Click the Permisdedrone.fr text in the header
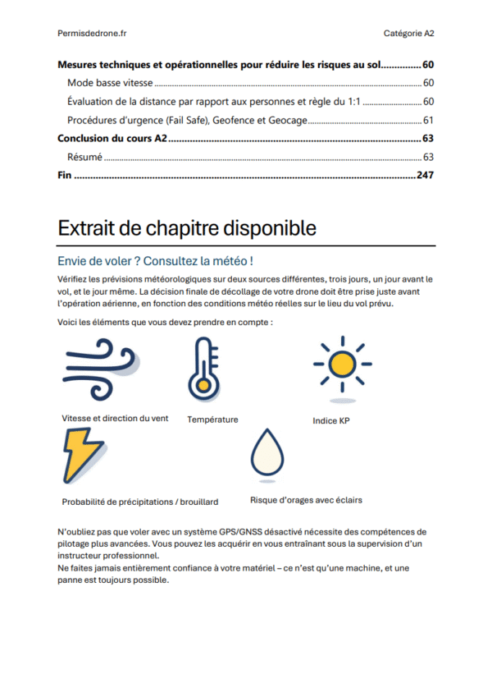click(x=92, y=33)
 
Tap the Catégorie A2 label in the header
click(x=408, y=33)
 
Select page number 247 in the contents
click(x=425, y=175)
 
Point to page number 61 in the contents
click(x=428, y=121)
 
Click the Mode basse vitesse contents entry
click(x=111, y=83)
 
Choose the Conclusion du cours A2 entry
click(x=112, y=139)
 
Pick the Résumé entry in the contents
click(x=84, y=157)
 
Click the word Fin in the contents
click(x=64, y=175)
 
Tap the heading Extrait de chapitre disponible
click(x=187, y=227)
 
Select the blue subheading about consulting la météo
click(x=155, y=261)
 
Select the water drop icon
click(x=266, y=454)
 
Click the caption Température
click(x=212, y=420)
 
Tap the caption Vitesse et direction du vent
click(x=115, y=418)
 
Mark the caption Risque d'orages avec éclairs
click(x=306, y=499)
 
